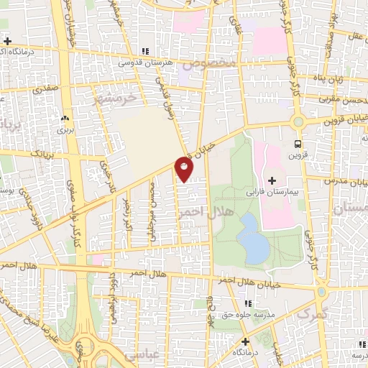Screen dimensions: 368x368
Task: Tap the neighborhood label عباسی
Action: point(140,355)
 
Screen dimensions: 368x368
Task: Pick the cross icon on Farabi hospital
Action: point(272,180)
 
